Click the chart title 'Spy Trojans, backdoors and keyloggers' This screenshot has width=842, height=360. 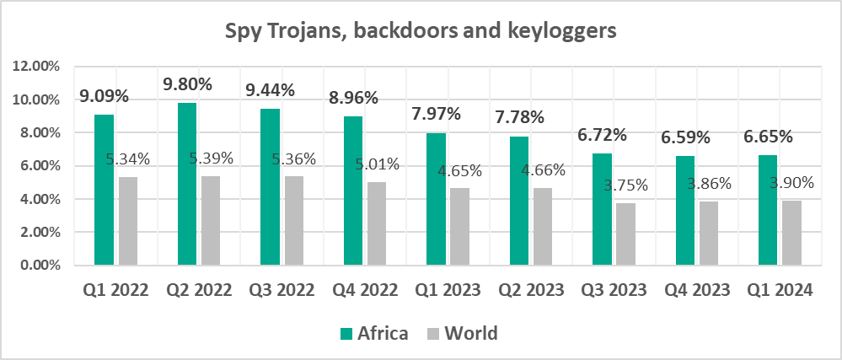click(x=421, y=32)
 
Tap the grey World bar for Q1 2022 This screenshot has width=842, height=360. click(x=127, y=221)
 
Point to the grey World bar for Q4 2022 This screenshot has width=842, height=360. click(x=376, y=223)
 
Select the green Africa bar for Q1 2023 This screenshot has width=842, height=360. click(x=436, y=199)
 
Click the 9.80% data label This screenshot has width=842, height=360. click(x=187, y=84)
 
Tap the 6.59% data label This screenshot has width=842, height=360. click(x=684, y=137)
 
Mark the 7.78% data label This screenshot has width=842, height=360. click(x=518, y=117)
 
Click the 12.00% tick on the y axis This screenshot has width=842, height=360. click(x=37, y=67)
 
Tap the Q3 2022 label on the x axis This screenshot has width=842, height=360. click(x=282, y=291)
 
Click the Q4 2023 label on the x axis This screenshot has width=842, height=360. click(x=697, y=291)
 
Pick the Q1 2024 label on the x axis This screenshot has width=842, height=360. click(x=780, y=291)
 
